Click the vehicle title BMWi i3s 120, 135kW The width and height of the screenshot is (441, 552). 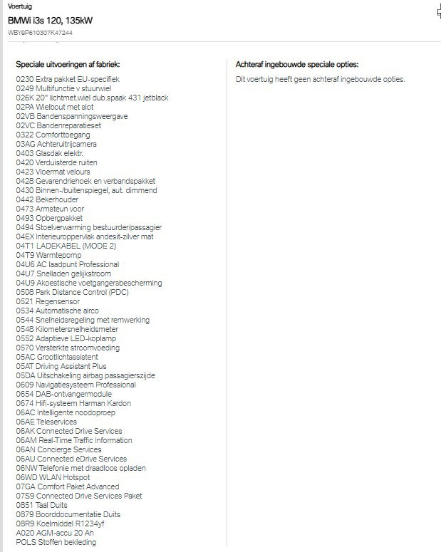tap(50, 21)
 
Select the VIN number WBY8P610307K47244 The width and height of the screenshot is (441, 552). tap(40, 33)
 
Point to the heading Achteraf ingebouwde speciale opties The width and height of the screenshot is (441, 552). tap(297, 64)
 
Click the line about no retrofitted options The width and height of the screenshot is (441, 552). tap(320, 79)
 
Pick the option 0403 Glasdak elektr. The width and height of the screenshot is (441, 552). tap(50, 153)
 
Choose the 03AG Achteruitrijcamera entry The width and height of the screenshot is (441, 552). tap(56, 144)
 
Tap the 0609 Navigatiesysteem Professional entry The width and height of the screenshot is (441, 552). tap(76, 385)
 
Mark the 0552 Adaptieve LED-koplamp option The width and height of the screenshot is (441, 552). tap(66, 338)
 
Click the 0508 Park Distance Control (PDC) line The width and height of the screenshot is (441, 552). tap(72, 292)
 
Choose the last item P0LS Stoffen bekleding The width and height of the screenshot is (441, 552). tap(56, 542)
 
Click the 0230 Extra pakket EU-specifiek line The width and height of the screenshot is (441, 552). tap(68, 79)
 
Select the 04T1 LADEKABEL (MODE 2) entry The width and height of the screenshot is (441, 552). tap(66, 246)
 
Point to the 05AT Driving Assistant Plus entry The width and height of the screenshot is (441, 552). tap(61, 366)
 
